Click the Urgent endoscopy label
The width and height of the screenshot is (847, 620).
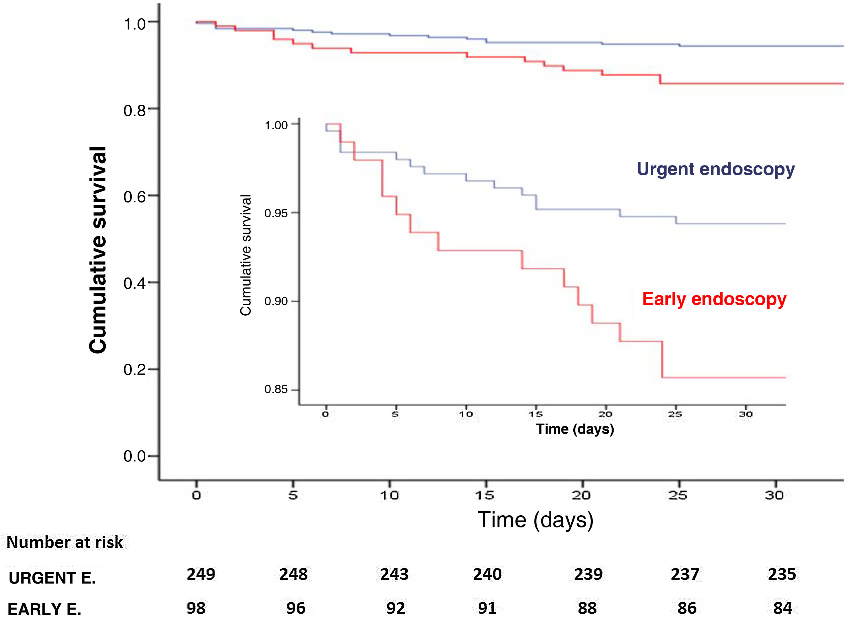pos(715,169)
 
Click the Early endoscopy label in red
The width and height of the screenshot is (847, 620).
pos(714,299)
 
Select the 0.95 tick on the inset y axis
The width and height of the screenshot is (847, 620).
pos(276,213)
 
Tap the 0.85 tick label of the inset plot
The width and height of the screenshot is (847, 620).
pos(276,389)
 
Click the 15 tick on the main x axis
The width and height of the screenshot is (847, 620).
pos(484,495)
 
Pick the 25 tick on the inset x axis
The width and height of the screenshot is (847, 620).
pos(675,414)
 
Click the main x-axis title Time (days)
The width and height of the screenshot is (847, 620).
pos(535,520)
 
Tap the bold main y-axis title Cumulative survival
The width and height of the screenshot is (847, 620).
pos(98,250)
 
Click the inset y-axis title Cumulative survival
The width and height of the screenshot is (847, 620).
pos(246,255)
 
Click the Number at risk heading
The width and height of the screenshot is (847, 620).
pos(65,542)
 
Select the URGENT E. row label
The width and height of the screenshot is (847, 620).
pos(52,577)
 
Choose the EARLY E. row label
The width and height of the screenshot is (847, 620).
pos(44,608)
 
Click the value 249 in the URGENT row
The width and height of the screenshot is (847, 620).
pos(201,574)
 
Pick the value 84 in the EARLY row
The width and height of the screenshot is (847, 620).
pos(782,608)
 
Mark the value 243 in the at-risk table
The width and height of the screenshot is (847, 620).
pos(394,574)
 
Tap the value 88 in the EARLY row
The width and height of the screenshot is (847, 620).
pos(587,608)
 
